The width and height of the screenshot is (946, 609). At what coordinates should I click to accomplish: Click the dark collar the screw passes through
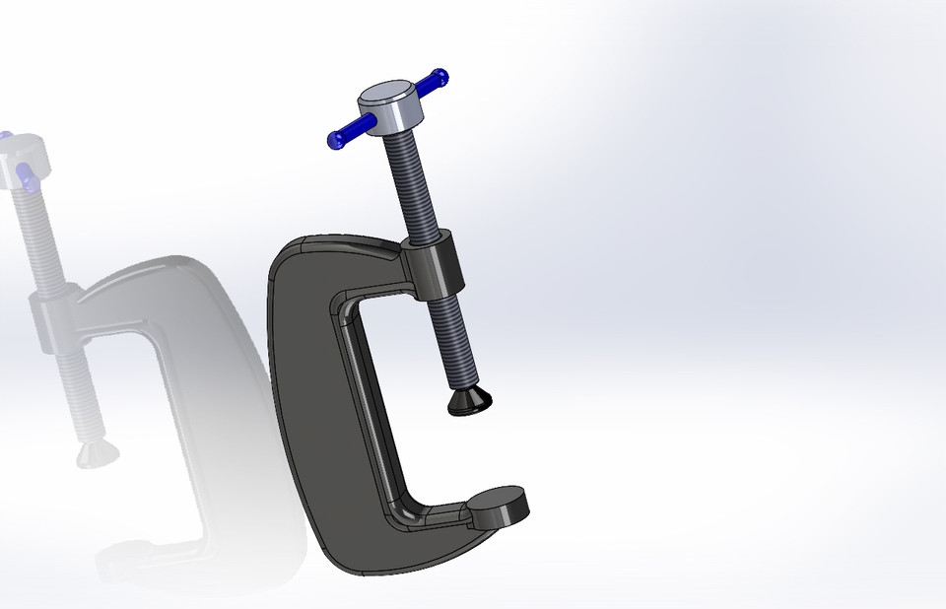pyautogui.click(x=435, y=266)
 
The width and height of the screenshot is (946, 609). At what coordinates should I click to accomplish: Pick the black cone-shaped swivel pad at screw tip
pyautogui.click(x=470, y=400)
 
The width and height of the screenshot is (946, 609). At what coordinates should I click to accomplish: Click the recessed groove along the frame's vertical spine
pyautogui.click(x=367, y=414)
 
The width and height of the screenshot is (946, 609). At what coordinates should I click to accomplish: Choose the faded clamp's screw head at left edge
pyautogui.click(x=20, y=163)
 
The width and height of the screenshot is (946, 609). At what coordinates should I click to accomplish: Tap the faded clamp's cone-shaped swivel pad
pyautogui.click(x=97, y=453)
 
